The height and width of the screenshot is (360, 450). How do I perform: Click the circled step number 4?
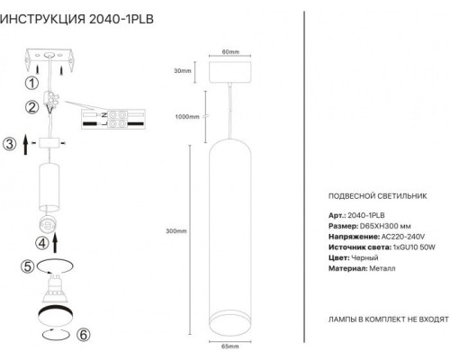pyautogui.click(x=41, y=241)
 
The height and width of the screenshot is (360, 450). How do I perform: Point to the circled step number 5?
pyautogui.click(x=27, y=266)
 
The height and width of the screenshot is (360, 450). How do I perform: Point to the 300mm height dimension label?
pyautogui.click(x=177, y=231)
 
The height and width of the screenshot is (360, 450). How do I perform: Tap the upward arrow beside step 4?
pyautogui.click(x=56, y=241)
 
